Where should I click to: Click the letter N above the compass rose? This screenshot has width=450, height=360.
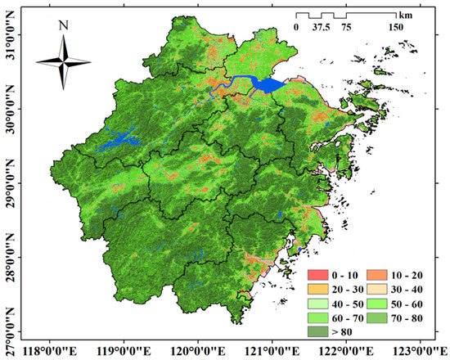64,25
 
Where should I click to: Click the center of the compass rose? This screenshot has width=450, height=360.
64,60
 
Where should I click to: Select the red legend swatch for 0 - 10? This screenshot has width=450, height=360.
320,273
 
